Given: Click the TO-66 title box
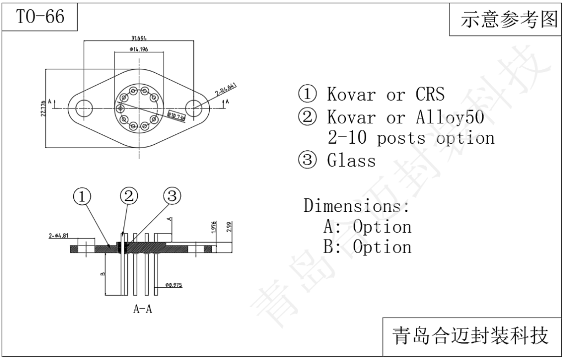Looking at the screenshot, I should [40, 17].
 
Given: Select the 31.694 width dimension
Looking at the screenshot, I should [138, 38].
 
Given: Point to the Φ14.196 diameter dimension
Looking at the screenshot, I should [138, 50].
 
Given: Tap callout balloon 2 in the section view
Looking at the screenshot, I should [128, 196].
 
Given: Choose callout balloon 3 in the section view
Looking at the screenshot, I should [171, 196].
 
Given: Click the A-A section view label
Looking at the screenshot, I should [143, 309].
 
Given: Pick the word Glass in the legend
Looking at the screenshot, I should [351, 161].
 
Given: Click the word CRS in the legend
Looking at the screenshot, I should [430, 94].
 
